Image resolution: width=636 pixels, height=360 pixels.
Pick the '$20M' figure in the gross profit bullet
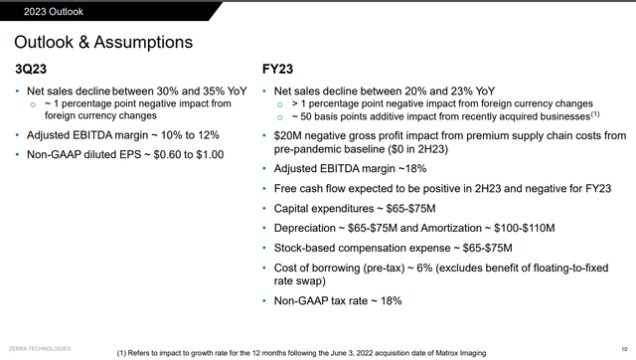286,133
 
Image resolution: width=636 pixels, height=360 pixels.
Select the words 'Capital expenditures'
321,209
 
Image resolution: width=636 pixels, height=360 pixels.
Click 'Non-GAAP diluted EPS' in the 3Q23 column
81,154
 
